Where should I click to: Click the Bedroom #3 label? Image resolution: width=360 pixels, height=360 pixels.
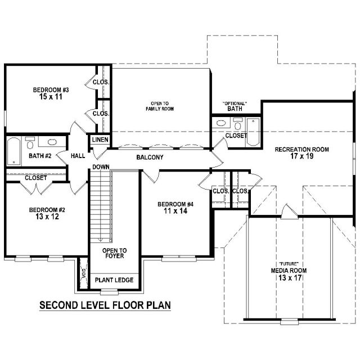pos(51,90)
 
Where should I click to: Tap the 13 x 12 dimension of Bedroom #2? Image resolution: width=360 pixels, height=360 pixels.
pos(47,217)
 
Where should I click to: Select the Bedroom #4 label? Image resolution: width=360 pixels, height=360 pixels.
pos(175,204)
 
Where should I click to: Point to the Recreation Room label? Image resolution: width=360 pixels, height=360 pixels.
pos(302,150)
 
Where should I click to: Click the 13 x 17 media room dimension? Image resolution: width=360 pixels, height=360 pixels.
pos(290,278)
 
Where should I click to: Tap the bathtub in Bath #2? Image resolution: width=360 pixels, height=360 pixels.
pos(13,151)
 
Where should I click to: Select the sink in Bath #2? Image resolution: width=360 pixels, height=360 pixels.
pos(52,142)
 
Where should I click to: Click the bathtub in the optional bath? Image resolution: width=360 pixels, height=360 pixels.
pos(253,132)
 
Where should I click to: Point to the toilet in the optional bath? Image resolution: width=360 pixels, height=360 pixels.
pos(238,124)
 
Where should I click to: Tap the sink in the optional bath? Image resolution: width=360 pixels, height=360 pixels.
pos(222,123)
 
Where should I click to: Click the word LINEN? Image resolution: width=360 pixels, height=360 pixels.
pos(100,139)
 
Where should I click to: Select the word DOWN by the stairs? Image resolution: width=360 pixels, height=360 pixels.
pos(101,167)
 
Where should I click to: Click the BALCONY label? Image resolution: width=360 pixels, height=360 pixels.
pos(150,157)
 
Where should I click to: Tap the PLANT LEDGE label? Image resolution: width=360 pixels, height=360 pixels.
pos(114,280)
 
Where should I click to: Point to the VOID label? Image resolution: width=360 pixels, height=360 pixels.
pos(84,273)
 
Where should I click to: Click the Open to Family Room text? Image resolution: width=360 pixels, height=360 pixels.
pos(160,106)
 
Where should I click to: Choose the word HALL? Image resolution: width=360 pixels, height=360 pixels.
pos(78,156)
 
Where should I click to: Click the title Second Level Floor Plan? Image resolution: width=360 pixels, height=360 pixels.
pos(105,305)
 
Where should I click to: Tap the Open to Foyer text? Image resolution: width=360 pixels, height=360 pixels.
pos(114,253)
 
